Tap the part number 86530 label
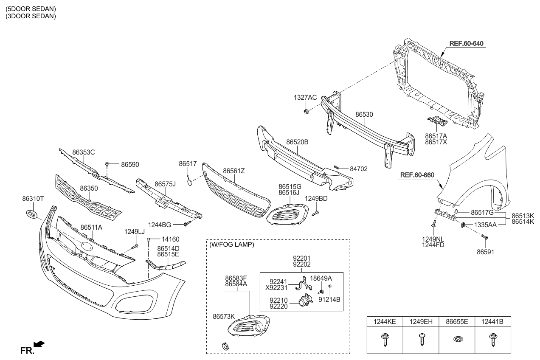[364, 115]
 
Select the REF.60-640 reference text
[467, 43]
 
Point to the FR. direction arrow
[39, 344]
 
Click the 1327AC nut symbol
[306, 112]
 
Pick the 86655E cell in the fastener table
[457, 322]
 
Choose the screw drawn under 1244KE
[385, 339]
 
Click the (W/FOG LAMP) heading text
[232, 245]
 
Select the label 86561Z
[234, 171]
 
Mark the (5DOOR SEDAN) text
[30, 8]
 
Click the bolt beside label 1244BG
[186, 223]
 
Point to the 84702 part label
[358, 169]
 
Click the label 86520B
[297, 142]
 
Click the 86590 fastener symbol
[108, 163]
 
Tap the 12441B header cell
[492, 322]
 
